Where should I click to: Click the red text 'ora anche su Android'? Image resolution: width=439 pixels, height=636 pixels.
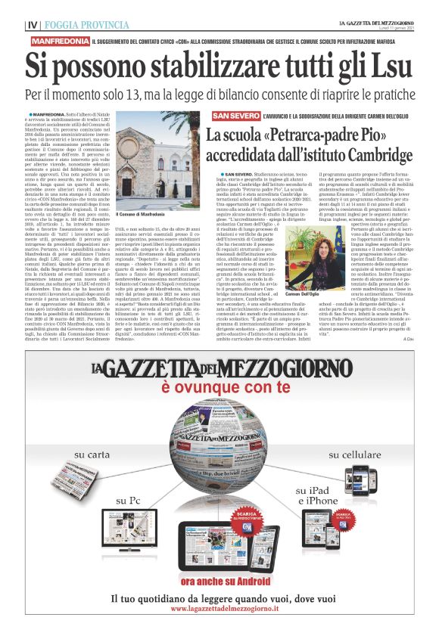(220, 581)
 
